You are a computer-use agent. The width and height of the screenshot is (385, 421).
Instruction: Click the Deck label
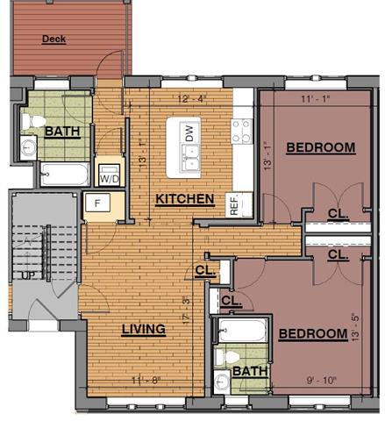coord(54,39)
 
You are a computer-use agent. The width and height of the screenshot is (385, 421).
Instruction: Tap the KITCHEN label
coord(184,200)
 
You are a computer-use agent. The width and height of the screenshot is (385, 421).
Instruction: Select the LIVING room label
coord(144,330)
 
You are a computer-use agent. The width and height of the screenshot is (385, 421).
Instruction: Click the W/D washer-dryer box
coord(111,174)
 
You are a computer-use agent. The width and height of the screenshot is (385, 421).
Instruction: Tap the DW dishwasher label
coord(189,133)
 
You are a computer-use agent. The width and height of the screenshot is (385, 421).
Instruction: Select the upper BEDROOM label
coord(320,147)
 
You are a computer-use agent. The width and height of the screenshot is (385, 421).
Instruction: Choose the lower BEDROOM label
coord(313,334)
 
